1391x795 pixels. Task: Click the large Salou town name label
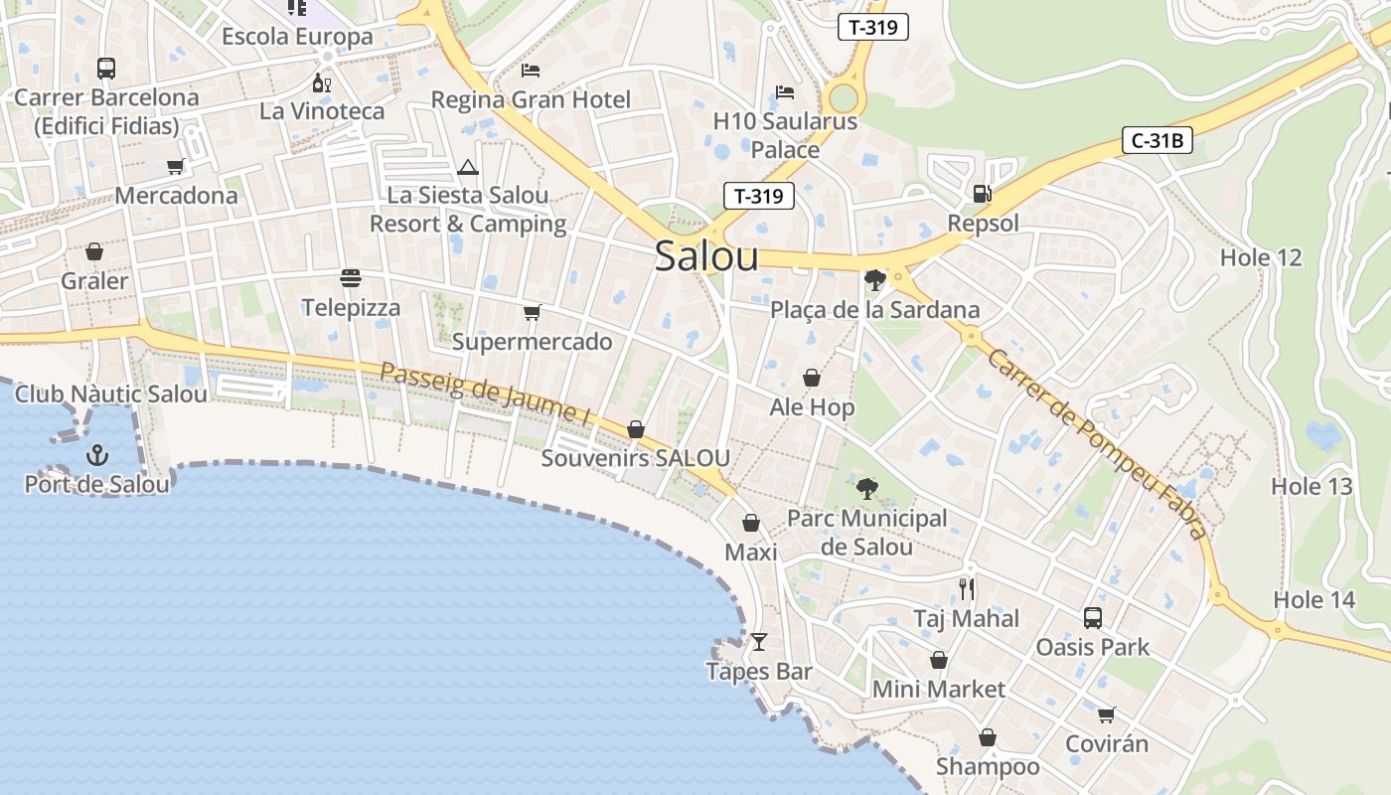706,256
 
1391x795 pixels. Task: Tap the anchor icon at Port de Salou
97,456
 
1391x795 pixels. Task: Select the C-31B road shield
1158,140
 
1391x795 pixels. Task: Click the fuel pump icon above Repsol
982,194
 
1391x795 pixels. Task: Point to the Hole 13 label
1312,486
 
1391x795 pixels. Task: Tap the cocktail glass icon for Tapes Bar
759,642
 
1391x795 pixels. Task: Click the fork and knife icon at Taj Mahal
967,589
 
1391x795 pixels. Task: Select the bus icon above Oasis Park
1092,618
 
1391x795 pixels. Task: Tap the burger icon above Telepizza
351,278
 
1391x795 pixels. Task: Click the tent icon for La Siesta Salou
468,167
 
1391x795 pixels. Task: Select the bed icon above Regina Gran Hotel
531,71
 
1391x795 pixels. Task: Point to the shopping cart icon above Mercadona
176,166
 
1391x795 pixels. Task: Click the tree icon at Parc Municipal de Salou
866,488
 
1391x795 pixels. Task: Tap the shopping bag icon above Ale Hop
812,378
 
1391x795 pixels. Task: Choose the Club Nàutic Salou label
111,394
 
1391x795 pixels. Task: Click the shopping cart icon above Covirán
1106,715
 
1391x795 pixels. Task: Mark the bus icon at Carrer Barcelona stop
105,69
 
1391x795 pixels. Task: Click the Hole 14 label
1314,599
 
